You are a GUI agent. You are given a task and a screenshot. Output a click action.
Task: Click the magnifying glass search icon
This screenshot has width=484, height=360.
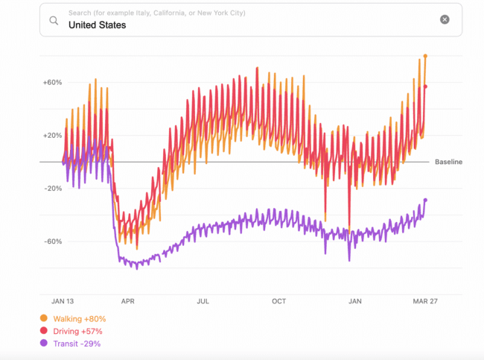(x=54, y=20)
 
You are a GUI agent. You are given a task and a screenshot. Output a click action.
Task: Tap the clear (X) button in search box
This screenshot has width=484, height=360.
(x=445, y=19)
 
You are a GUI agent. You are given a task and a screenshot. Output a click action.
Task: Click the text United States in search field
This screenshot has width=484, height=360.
(x=97, y=25)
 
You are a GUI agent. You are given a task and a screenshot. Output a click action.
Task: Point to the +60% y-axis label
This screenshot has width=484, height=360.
(x=51, y=83)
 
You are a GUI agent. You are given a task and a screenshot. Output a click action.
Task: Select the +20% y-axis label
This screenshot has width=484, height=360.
(x=51, y=136)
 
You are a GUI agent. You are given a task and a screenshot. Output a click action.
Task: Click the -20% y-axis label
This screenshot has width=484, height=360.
(x=51, y=189)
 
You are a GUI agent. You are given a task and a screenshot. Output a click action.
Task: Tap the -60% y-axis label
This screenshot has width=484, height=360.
(x=51, y=241)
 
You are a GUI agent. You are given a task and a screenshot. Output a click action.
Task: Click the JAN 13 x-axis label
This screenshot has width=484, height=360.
(x=63, y=302)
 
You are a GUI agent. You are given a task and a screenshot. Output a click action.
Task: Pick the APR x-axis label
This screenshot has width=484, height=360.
(x=128, y=302)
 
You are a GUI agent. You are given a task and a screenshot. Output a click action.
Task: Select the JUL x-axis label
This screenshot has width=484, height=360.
(x=203, y=302)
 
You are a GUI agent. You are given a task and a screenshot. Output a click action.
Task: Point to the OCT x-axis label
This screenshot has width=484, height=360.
(x=278, y=302)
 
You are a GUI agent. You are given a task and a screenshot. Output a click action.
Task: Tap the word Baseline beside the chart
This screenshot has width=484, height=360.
(x=448, y=162)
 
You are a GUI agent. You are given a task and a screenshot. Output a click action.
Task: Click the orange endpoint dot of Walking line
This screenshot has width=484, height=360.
(x=425, y=56)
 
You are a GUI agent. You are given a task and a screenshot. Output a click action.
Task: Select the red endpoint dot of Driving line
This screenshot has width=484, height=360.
(x=425, y=86)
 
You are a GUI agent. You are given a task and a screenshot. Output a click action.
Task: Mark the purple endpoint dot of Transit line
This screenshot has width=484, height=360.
(x=425, y=200)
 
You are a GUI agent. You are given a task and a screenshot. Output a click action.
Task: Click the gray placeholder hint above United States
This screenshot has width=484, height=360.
(x=156, y=13)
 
